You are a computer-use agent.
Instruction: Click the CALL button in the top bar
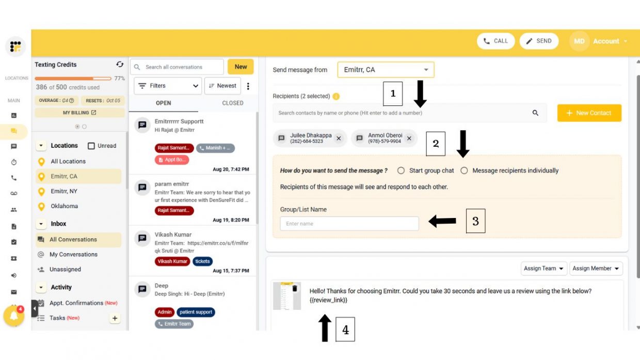[x=495, y=41]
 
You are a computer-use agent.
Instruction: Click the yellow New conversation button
[x=241, y=67]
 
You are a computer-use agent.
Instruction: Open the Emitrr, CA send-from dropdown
[x=386, y=70]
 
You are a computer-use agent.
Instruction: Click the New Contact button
[x=589, y=113]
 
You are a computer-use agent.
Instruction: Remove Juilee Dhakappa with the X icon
[x=339, y=138]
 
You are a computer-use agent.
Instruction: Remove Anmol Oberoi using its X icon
[x=409, y=138]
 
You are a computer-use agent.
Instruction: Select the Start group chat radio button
[x=401, y=170]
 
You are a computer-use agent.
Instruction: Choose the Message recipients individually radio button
[x=464, y=170]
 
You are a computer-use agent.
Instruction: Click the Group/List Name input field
[x=349, y=224]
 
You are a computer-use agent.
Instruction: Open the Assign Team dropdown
[x=543, y=269]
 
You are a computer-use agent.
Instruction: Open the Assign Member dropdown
[x=596, y=269]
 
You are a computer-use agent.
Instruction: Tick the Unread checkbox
[x=91, y=146]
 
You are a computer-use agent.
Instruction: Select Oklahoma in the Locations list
[x=65, y=206]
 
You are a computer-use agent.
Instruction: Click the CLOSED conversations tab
[x=232, y=103]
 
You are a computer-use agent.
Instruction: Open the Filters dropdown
[x=167, y=86]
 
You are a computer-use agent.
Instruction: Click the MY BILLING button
[x=79, y=113]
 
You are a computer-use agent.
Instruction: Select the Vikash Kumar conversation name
[x=173, y=234]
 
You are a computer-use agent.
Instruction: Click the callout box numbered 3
[x=475, y=221]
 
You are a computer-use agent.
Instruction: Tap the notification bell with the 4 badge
[x=13, y=315]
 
